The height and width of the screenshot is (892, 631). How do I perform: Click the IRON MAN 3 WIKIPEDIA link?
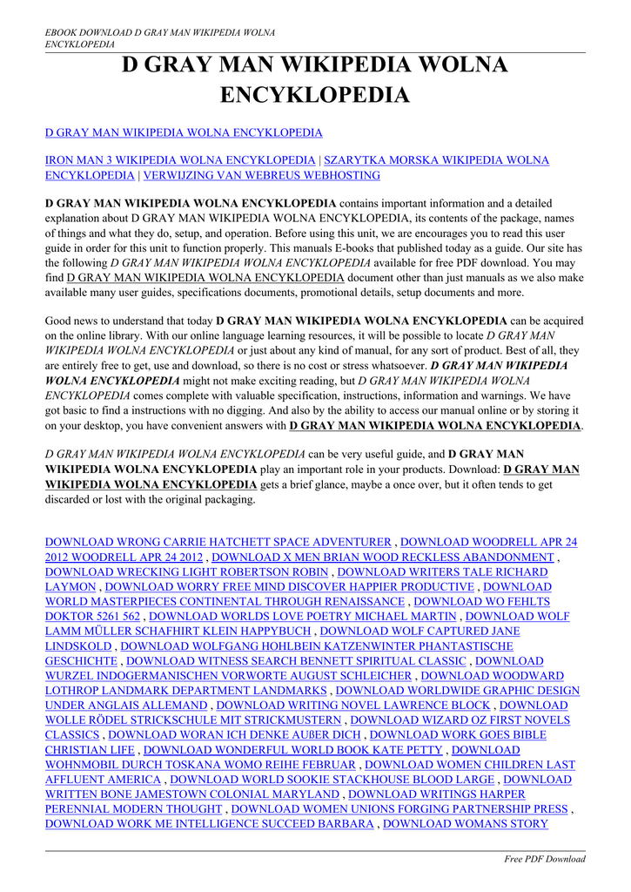[x=180, y=160]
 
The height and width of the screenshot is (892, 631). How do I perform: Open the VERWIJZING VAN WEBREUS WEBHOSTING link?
[x=261, y=175]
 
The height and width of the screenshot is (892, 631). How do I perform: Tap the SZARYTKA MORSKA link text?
[x=435, y=160]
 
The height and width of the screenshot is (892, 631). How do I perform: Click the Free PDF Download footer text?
[x=545, y=859]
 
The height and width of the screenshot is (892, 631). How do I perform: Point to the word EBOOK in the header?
[x=64, y=32]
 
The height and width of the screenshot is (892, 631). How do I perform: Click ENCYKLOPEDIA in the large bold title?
[x=314, y=94]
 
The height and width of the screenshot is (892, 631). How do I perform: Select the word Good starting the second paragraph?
[x=60, y=321]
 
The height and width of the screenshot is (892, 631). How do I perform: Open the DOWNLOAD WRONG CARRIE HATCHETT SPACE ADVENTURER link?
[x=218, y=542]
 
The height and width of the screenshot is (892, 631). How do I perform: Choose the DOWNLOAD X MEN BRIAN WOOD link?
[x=383, y=557]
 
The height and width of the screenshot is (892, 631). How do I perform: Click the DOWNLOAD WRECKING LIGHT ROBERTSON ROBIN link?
[x=187, y=571]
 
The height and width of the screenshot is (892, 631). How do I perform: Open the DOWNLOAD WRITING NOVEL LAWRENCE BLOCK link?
[x=353, y=705]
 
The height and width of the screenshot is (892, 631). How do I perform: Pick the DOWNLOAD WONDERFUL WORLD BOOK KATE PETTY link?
[x=293, y=749]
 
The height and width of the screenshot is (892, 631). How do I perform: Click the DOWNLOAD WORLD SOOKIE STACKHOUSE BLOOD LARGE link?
[x=332, y=779]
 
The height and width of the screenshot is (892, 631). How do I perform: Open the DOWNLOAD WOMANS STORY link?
[x=466, y=823]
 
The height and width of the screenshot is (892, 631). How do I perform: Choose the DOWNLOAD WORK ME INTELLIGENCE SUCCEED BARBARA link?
[x=209, y=823]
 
